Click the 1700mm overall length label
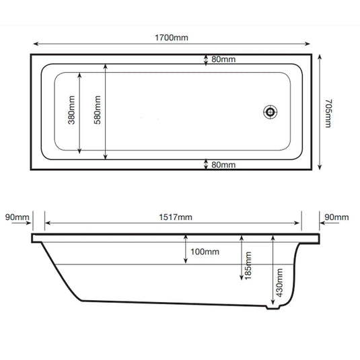pyautogui.click(x=172, y=38)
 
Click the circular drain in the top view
pyautogui.click(x=271, y=112)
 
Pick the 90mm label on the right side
pyautogui.click(x=336, y=217)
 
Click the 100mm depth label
pyautogui.click(x=205, y=252)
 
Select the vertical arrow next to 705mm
pyautogui.click(x=318, y=112)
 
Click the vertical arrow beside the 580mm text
pyautogui.click(x=106, y=112)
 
